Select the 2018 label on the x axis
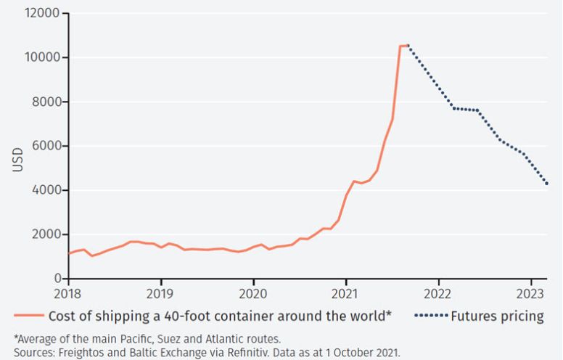tap(68, 293)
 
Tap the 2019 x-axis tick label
tap(160, 293)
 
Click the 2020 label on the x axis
tap(253, 293)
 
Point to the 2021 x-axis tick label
tap(345, 293)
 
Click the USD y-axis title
tap(17, 160)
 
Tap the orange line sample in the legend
tap(28, 316)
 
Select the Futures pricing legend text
tap(497, 316)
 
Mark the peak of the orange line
tap(405, 46)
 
